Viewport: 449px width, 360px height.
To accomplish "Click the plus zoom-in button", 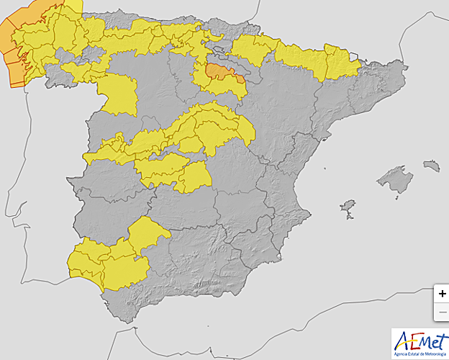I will point(442,294).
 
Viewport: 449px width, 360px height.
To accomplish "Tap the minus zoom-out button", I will point(442,312).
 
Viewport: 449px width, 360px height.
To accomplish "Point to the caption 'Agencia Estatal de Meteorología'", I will point(420,353).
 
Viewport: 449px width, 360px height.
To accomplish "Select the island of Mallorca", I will point(396,179).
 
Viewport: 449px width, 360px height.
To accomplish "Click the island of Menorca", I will point(432,166).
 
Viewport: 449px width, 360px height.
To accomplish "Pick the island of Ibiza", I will point(348,207).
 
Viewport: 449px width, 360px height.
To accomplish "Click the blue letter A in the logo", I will point(400,338).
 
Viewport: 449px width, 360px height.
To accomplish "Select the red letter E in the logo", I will point(411,338).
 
